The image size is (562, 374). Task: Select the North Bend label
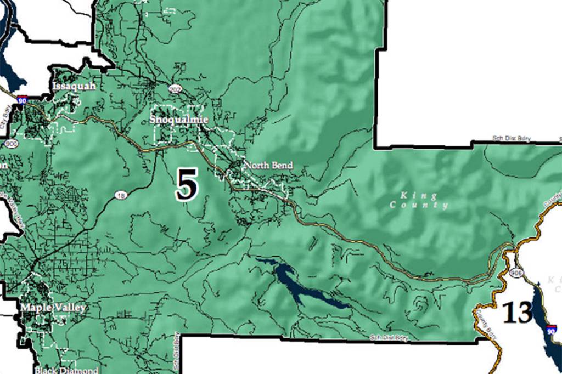coord(268,165)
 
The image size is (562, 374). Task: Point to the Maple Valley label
coord(53,308)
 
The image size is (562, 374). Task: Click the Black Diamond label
coord(66,370)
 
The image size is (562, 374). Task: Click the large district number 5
coord(186,184)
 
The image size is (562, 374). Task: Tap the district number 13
coord(517,313)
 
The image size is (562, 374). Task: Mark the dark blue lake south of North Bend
coord(299,285)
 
